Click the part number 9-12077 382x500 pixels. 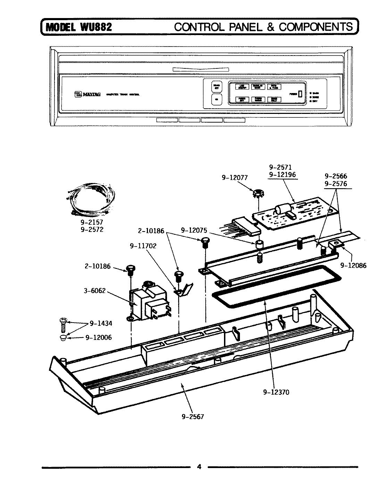pyautogui.click(x=235, y=177)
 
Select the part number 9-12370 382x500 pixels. pyautogui.click(x=276, y=392)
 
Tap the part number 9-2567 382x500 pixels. pyautogui.click(x=193, y=416)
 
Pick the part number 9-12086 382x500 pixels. pyautogui.click(x=353, y=265)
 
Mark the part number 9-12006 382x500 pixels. pyautogui.click(x=99, y=337)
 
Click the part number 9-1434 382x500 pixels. pyautogui.click(x=101, y=323)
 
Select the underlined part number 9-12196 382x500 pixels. pyautogui.click(x=282, y=174)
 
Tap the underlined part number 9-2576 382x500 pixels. pyautogui.click(x=335, y=184)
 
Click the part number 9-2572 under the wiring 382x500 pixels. pyautogui.click(x=92, y=230)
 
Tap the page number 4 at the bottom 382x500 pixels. pyautogui.click(x=199, y=467)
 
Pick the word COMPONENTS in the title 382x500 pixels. pyautogui.click(x=316, y=27)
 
